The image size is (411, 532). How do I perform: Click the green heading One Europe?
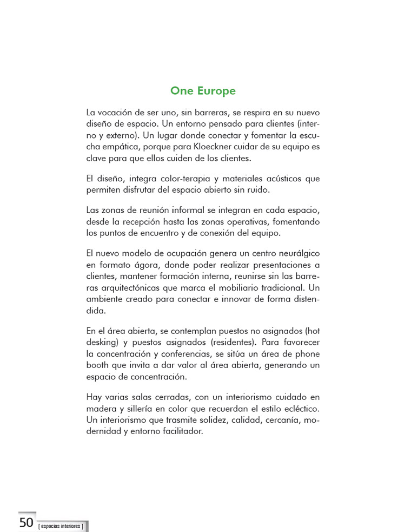coord(203,91)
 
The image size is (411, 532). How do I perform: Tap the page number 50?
coord(26,522)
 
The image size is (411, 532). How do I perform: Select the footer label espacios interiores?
coord(61,526)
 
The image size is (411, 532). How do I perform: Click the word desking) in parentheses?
coord(103,342)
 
